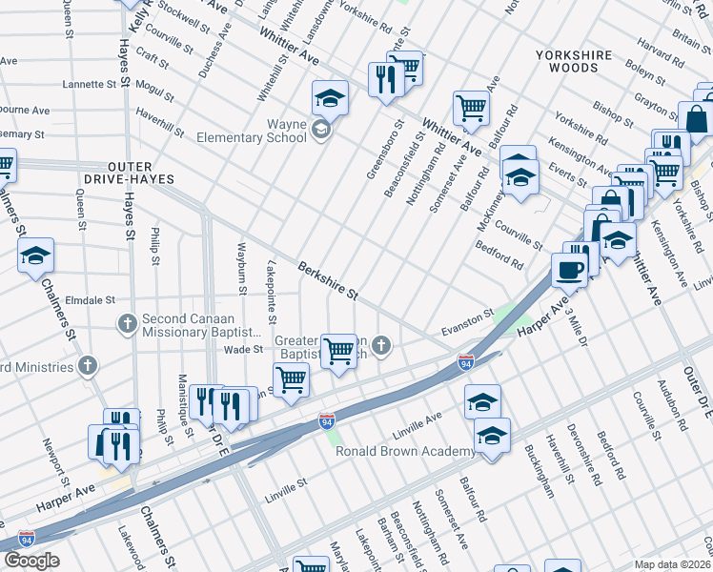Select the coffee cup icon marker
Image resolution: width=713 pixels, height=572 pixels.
[570, 269]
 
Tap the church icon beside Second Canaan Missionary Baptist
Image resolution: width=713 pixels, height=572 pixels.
[126, 323]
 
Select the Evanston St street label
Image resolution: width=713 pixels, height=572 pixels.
[467, 321]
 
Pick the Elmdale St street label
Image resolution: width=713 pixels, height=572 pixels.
[89, 297]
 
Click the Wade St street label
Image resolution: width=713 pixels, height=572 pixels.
[242, 350]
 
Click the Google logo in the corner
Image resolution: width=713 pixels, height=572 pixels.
[31, 561]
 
